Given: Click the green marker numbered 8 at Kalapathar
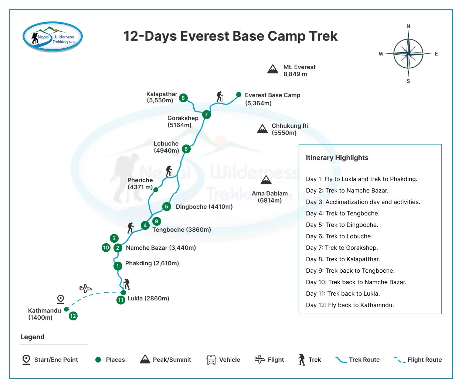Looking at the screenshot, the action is pyautogui.click(x=183, y=98).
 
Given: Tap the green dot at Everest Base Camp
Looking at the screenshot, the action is pyautogui.click(x=238, y=95).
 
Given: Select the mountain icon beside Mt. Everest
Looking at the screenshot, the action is pyautogui.click(x=273, y=69).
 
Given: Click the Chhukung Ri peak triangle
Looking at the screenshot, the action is pyautogui.click(x=262, y=129).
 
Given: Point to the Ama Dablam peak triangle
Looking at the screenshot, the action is pyautogui.click(x=266, y=180).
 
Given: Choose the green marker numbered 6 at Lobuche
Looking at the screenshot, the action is pyautogui.click(x=186, y=149).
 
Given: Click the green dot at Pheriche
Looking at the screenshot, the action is pyautogui.click(x=156, y=190).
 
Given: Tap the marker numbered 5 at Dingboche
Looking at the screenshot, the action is pyautogui.click(x=166, y=207).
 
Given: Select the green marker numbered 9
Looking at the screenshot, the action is pyautogui.click(x=156, y=221).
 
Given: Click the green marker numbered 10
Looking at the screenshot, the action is pyautogui.click(x=106, y=248).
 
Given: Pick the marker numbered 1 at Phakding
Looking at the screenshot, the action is pyautogui.click(x=118, y=266).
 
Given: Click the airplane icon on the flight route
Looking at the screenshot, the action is pyautogui.click(x=85, y=289).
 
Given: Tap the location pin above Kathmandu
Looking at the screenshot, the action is pyautogui.click(x=60, y=299).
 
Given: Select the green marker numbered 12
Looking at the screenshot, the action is pyautogui.click(x=73, y=316).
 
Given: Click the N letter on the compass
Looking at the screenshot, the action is pyautogui.click(x=408, y=26).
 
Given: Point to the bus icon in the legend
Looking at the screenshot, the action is pyautogui.click(x=211, y=360).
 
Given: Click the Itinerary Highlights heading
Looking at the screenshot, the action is pyautogui.click(x=337, y=157).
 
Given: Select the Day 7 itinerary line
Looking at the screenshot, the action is pyautogui.click(x=342, y=248).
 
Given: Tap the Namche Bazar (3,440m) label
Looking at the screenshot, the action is pyautogui.click(x=161, y=248).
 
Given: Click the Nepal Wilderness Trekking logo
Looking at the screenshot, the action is pyautogui.click(x=52, y=37).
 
